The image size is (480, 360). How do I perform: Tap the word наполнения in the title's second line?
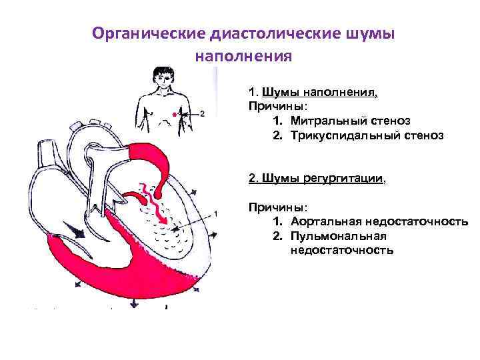click(243, 56)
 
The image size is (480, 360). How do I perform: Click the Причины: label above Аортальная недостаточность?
click(272, 207)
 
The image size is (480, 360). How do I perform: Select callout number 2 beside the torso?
click(202, 113)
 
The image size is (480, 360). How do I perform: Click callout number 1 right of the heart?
click(215, 213)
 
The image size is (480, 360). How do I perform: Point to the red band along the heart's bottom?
click(120, 267)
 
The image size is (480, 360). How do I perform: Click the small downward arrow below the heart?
click(133, 303)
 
